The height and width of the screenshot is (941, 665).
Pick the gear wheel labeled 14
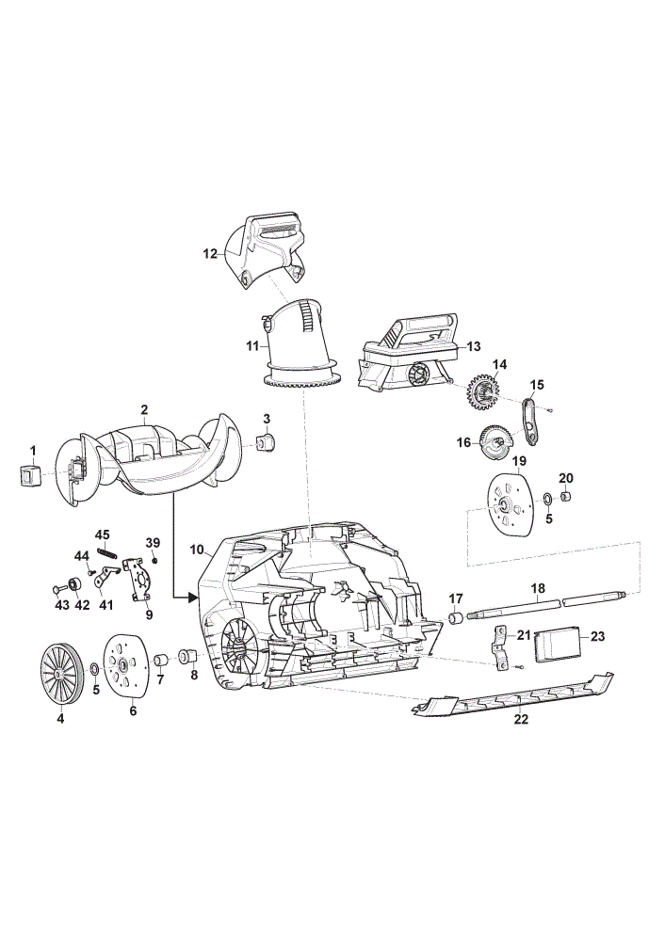(483, 394)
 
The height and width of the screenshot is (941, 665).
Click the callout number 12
(210, 254)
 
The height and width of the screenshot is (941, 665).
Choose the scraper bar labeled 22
(513, 695)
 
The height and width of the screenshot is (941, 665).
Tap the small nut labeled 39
(154, 560)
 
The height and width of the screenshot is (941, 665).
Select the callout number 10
(197, 550)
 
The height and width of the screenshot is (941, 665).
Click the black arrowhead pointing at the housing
(192, 598)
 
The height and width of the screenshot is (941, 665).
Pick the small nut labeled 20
(566, 497)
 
